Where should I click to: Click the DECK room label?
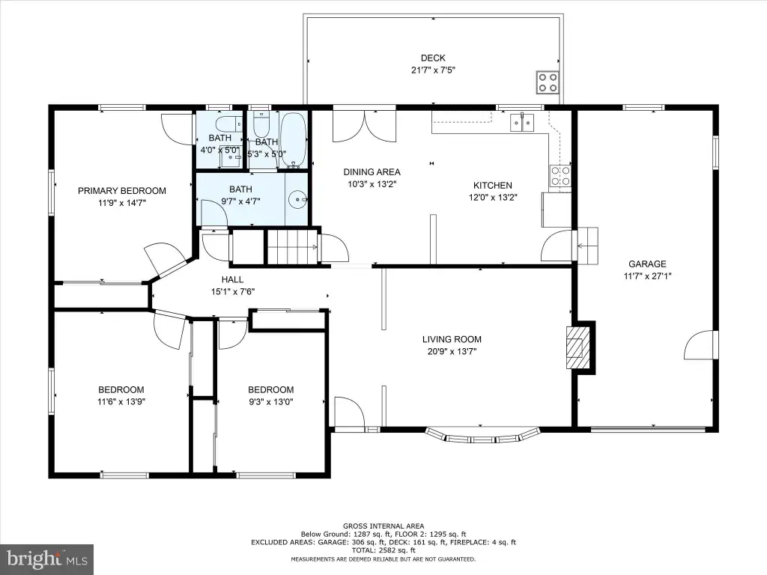433,58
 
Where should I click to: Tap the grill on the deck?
548,82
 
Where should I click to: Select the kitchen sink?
522,122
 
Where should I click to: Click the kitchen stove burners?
560,175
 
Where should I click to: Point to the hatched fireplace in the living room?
577,347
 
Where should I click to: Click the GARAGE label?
647,264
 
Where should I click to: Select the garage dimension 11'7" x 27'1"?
647,276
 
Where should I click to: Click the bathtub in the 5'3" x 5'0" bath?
293,140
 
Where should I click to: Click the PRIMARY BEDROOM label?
122,191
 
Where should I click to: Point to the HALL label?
232,280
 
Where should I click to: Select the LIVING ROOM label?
452,339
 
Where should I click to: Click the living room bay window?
482,436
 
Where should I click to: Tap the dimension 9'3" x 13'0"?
270,402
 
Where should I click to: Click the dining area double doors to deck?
364,126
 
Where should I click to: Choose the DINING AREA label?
372,172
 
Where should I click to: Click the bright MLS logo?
47,559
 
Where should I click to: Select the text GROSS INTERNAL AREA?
383,526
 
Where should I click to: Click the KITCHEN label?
493,186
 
